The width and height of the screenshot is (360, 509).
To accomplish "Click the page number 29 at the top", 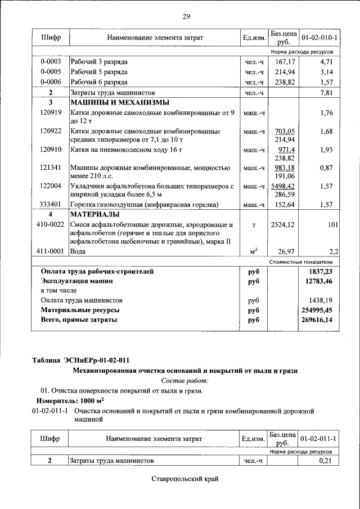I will click(x=186, y=16).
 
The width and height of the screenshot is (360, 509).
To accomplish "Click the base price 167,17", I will click(x=285, y=61).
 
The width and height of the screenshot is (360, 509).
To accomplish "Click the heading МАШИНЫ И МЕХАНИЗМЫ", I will click(x=119, y=103).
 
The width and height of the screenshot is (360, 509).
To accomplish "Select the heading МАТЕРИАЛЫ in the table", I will click(x=94, y=215).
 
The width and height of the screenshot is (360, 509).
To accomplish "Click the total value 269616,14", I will click(x=317, y=320).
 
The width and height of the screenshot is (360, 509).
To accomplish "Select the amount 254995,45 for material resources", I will click(x=317, y=310).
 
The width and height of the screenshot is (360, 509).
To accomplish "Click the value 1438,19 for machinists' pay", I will click(x=321, y=300).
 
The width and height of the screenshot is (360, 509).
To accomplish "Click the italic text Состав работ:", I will click(x=185, y=380).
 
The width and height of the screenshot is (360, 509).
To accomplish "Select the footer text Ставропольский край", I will click(x=184, y=479).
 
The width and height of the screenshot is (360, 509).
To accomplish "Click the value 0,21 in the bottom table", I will click(x=326, y=461).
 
